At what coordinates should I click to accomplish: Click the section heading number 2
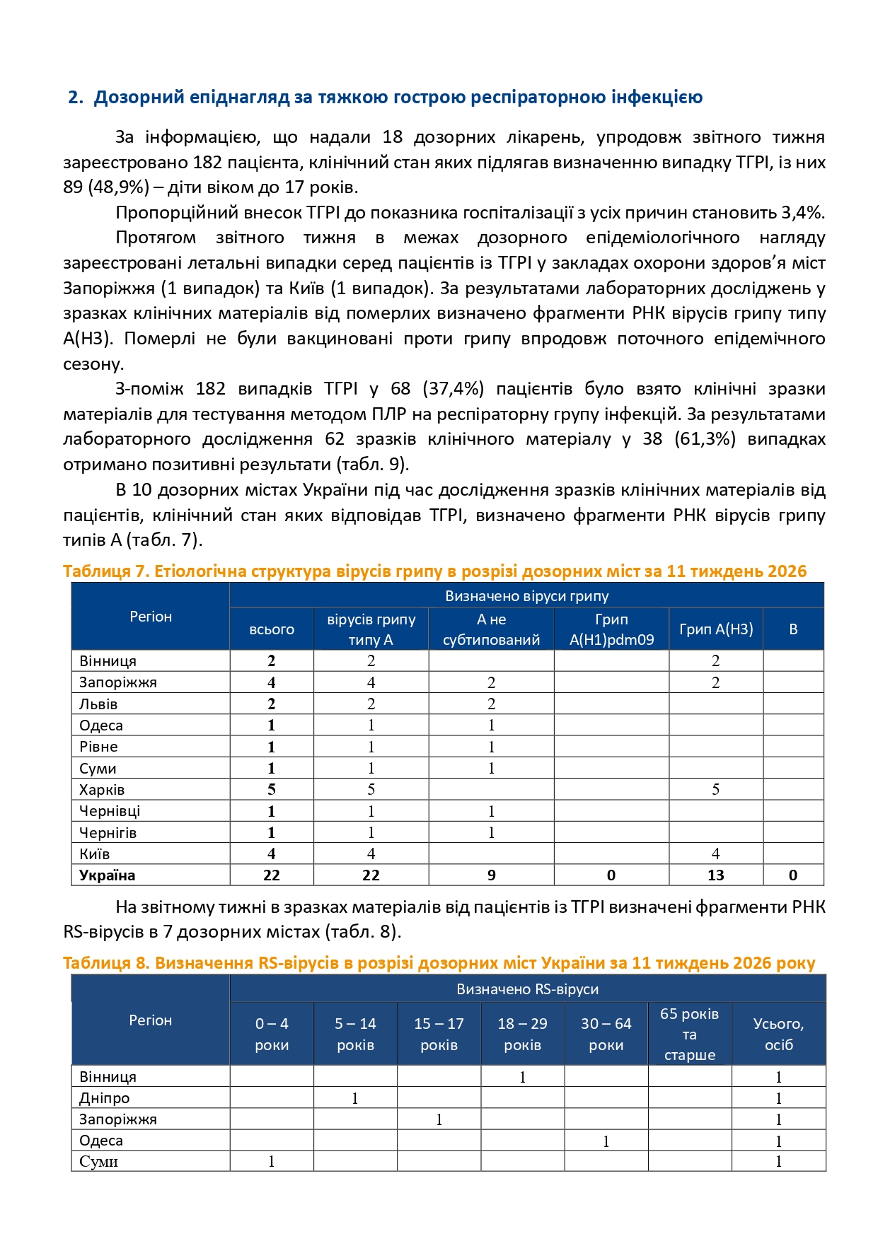click(74, 98)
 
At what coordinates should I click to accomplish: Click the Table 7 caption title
click(434, 571)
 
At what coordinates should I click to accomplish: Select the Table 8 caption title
click(439, 963)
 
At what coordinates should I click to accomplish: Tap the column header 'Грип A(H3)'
click(715, 629)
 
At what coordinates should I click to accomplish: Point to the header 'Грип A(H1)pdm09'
click(611, 629)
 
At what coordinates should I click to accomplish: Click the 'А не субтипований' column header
click(491, 629)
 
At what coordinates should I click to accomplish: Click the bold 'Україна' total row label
click(107, 875)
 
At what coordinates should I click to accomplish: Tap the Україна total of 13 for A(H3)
click(715, 875)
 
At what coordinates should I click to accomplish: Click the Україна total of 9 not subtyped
click(491, 875)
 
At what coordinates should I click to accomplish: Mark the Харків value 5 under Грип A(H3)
click(715, 790)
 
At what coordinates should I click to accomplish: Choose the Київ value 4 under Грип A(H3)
click(715, 854)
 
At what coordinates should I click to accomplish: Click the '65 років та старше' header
click(689, 1034)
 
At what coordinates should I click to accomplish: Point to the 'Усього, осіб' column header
click(778, 1034)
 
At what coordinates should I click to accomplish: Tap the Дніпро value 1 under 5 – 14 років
click(355, 1099)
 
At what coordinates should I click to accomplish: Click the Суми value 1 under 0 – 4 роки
click(272, 1162)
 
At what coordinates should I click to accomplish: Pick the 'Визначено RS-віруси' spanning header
click(527, 989)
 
